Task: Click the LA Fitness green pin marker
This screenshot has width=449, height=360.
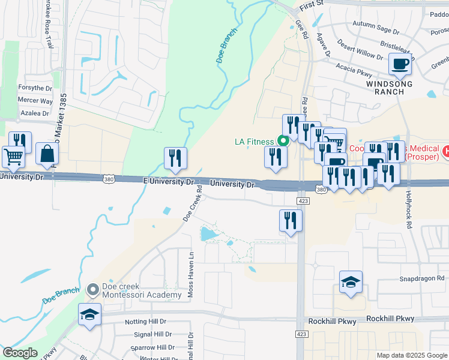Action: (283, 142)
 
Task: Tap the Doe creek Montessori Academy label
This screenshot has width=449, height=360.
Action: (133, 290)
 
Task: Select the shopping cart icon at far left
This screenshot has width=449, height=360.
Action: (13, 157)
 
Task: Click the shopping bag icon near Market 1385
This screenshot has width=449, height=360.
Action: (47, 154)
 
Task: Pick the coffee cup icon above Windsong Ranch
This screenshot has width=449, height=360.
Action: (400, 64)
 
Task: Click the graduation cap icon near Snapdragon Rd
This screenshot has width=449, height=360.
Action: (351, 281)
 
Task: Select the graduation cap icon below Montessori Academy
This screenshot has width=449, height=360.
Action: (90, 314)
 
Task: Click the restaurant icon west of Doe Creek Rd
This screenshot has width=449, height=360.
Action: (175, 158)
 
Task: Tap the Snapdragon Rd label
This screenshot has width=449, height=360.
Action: (422, 279)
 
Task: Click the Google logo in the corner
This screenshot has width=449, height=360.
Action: (20, 353)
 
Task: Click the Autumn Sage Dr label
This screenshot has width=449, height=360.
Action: (376, 31)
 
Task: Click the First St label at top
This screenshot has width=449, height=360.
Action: (312, 4)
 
